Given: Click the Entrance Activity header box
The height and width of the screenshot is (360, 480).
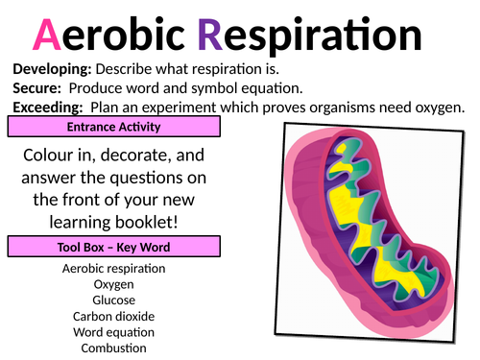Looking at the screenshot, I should tap(113, 127).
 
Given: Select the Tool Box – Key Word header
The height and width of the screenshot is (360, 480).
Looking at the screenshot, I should tap(113, 248).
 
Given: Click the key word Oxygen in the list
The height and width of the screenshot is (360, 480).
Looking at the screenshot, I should tap(113, 284).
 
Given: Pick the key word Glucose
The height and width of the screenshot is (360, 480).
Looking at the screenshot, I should tap(113, 300).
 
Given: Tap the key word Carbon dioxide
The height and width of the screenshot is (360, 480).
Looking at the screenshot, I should tap(113, 315).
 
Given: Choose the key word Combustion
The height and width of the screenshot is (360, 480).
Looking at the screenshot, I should tap(113, 347).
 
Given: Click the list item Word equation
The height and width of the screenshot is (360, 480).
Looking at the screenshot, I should tap(113, 331).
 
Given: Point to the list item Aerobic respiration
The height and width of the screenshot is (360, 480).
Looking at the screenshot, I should tap(113, 269).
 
